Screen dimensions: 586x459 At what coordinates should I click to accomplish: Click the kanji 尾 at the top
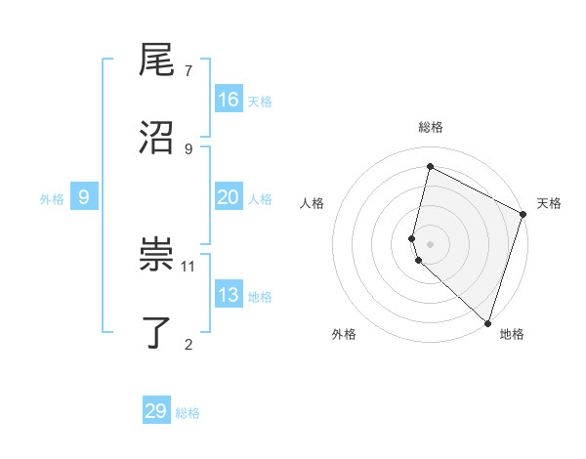pos(156,62)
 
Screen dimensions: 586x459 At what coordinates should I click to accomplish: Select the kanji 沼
pos(156,137)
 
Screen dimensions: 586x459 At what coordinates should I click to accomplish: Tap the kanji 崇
pos(156,256)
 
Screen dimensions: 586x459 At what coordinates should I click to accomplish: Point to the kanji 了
pos(156,332)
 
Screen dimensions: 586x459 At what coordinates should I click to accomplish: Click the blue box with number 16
pos(229,100)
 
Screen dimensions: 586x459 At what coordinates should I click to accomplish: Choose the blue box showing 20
pos(229,197)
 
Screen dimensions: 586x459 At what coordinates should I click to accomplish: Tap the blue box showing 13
pos(229,295)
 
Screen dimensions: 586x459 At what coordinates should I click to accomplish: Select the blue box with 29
pos(156,411)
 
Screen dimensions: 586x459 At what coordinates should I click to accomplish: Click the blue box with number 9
pos(84,197)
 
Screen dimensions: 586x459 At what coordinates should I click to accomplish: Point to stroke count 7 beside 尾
pos(188,71)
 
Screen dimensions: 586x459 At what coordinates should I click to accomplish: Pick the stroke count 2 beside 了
pos(188,343)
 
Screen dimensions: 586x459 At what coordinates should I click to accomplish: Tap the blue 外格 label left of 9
pos(52,199)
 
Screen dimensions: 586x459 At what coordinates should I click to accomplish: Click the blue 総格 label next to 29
pos(188,413)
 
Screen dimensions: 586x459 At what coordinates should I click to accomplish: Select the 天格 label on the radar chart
pos(549,203)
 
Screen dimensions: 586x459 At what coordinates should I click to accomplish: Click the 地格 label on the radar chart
pos(512,334)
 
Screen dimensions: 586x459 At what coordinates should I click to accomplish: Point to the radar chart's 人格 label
pos(312,203)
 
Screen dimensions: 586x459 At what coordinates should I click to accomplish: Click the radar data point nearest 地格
pos(487,322)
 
